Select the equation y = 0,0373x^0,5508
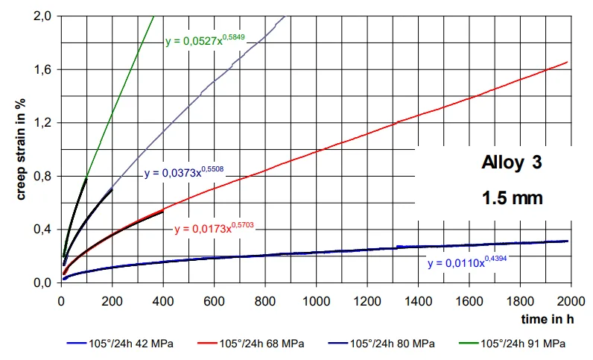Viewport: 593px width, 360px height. point(184,173)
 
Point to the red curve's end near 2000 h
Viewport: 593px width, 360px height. point(568,62)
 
